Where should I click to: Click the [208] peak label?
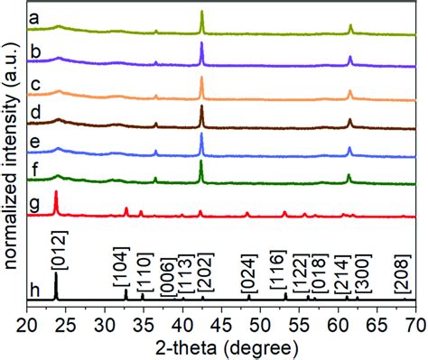point(403,276)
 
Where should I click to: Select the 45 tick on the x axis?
point(222,321)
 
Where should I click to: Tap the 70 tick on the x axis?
point(414,321)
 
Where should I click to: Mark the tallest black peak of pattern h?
point(57,274)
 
